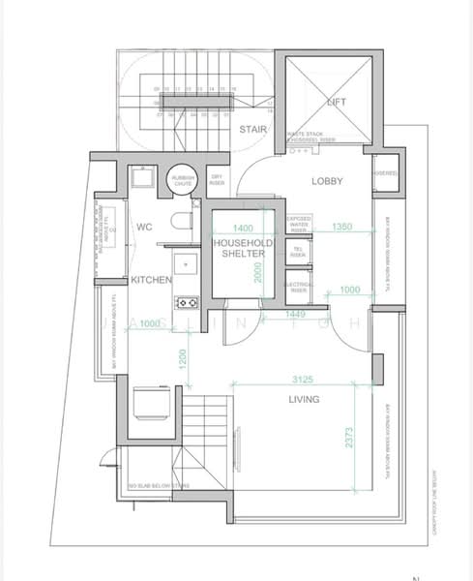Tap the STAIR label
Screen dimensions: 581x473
pos(253,129)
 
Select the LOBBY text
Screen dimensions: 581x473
pos(328,181)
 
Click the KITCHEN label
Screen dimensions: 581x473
pos(152,280)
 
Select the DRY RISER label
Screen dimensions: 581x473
pos(218,180)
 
